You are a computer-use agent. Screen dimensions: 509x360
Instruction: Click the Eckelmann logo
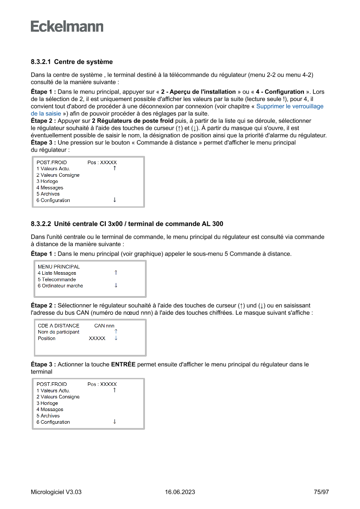[x=67, y=27]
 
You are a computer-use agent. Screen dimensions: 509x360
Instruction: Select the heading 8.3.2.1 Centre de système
[x=72, y=62]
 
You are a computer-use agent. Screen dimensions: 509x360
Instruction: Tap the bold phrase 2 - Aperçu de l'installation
[x=198, y=92]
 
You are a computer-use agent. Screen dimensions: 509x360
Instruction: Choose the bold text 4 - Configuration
[x=280, y=92]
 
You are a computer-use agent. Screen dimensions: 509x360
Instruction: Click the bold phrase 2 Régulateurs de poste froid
[x=132, y=120]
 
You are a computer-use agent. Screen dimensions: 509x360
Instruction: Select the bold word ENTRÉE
[x=123, y=364]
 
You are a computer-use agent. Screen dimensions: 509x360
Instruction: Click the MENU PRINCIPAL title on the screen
[x=59, y=266]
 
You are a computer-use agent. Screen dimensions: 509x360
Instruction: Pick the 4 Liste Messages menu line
[x=57, y=273]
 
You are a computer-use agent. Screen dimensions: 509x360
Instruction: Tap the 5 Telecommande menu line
[x=57, y=280]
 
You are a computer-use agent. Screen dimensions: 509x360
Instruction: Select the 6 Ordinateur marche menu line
[x=60, y=286]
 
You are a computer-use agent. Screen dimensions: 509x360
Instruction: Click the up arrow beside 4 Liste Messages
[x=116, y=273]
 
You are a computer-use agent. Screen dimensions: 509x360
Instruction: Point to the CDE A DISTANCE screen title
[x=58, y=325]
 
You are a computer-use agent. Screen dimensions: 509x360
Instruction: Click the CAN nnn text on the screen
[x=104, y=325]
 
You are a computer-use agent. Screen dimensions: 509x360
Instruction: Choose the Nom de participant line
[x=58, y=332]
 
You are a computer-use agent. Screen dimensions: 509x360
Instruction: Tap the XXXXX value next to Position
[x=97, y=338]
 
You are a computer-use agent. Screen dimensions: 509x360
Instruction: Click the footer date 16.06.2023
[x=180, y=492]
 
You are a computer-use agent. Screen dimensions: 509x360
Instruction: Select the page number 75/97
[x=321, y=492]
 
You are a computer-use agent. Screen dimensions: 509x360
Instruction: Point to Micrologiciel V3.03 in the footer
[x=56, y=492]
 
